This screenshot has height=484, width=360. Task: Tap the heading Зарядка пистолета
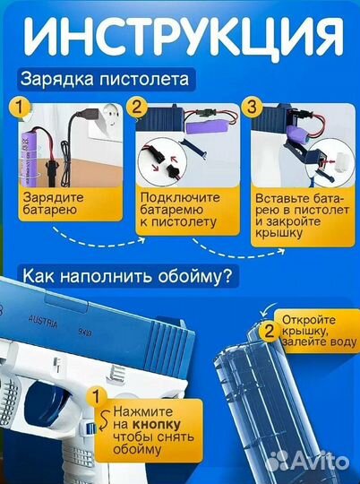point(106,80)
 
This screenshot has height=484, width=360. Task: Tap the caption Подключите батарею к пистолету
point(178,208)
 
